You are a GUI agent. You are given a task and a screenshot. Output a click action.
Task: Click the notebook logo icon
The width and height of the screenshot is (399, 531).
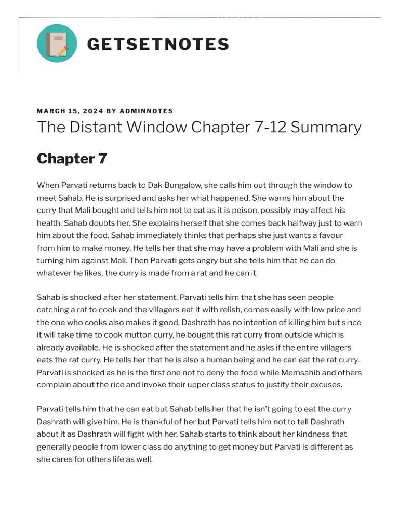click(x=57, y=44)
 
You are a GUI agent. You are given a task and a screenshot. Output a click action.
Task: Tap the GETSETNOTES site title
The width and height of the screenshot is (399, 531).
click(x=158, y=44)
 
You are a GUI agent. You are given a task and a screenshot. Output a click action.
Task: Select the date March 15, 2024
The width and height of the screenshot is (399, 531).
click(x=70, y=111)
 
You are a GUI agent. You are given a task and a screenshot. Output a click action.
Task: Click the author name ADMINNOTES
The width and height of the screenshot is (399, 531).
click(x=146, y=111)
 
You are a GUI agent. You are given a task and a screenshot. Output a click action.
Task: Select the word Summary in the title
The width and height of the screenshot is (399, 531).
click(x=326, y=128)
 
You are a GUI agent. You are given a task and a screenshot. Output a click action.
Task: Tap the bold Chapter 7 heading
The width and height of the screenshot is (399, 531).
click(x=72, y=159)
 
